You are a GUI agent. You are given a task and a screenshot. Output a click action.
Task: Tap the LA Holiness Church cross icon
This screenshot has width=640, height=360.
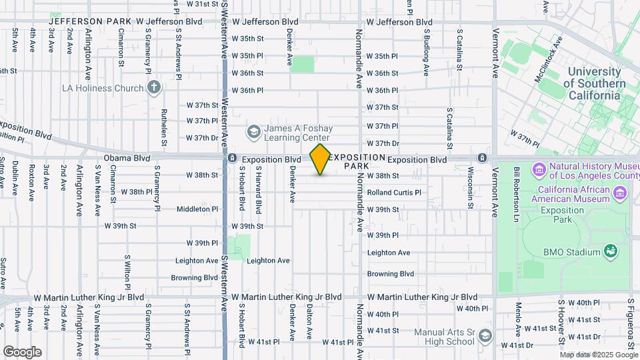154,87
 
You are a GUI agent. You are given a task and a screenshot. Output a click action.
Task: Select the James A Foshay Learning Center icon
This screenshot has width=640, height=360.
253,131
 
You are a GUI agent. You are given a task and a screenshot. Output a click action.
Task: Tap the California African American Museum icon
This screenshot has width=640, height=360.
621,193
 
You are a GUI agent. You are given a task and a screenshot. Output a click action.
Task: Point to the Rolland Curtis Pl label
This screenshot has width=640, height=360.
394,193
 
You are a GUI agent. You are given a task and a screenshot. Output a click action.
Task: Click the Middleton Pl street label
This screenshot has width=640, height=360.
197,209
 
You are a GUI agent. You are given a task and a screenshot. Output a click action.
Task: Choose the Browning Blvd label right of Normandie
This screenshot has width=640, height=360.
391,274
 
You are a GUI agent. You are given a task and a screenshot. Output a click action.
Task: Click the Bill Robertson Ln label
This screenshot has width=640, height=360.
516,187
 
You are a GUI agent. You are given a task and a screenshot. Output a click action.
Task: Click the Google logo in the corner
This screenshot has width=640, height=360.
22,351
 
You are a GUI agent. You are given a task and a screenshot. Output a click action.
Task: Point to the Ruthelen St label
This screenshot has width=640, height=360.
164,123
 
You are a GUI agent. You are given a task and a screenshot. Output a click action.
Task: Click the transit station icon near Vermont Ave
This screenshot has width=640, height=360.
481,158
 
